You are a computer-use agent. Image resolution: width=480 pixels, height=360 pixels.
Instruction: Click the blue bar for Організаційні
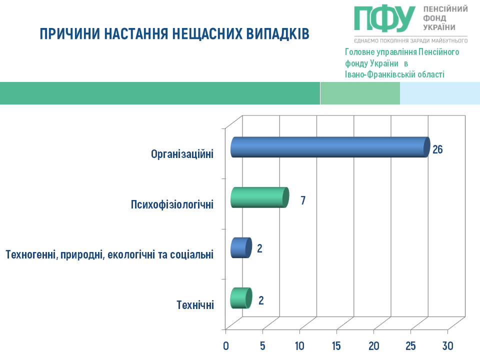330,147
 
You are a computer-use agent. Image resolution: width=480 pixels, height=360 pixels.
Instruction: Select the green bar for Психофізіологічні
259,197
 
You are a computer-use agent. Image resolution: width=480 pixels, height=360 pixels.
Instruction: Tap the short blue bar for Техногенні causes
241,247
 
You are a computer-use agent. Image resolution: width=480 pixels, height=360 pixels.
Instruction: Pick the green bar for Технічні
241,298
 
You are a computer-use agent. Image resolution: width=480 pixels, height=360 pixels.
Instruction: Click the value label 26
438,149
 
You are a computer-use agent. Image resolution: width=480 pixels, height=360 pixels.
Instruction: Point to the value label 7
303,200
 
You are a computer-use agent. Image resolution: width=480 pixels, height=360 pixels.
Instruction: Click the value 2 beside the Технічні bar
261,300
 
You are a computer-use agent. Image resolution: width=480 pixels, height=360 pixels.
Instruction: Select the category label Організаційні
182,154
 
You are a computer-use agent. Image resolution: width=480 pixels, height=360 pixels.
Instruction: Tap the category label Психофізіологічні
172,204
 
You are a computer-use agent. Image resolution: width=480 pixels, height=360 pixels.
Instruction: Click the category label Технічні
195,305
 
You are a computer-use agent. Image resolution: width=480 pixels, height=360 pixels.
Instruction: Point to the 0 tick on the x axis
226,346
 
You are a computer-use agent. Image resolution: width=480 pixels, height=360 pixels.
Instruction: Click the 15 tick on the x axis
336,346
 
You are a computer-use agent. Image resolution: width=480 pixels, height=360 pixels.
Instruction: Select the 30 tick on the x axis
447,346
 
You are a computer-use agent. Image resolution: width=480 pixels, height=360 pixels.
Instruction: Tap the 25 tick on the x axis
410,346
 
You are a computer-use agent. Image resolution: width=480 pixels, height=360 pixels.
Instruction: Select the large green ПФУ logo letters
385,18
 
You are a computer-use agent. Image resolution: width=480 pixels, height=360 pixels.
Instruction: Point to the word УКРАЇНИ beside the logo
439,27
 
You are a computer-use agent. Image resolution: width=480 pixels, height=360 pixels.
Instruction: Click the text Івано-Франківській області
394,74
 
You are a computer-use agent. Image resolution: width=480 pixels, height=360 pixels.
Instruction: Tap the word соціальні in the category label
191,254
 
